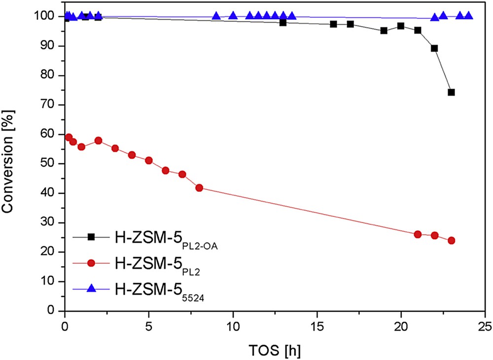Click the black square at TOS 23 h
[451, 92]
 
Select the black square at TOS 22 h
[434, 48]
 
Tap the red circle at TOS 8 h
[199, 188]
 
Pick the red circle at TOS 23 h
[451, 241]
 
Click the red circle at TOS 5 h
[149, 161]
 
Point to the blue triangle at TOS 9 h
[216, 16]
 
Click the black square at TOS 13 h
[283, 22]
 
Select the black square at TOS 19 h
[384, 31]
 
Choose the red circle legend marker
[91, 262]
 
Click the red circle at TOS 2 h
[98, 141]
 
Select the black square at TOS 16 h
[334, 24]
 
